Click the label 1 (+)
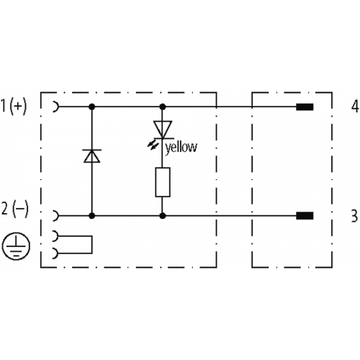pyautogui.click(x=14, y=106)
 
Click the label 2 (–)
pyautogui.click(x=15, y=210)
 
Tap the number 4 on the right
pyautogui.click(x=355, y=107)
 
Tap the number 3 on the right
pyautogui.click(x=355, y=216)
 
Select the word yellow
pyautogui.click(x=181, y=148)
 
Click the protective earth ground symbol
pyautogui.click(x=16, y=246)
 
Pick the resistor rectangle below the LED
pyautogui.click(x=163, y=182)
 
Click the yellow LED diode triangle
pyautogui.click(x=163, y=130)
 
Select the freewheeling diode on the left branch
pyautogui.click(x=91, y=156)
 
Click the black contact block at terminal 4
pyautogui.click(x=305, y=107)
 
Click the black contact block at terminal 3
pyautogui.click(x=305, y=216)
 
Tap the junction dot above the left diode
pyautogui.click(x=91, y=107)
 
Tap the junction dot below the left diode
pyautogui.click(x=91, y=216)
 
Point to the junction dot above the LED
pyautogui.click(x=163, y=107)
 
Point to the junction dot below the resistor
pyautogui.click(x=163, y=216)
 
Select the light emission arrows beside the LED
pyautogui.click(x=152, y=145)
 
